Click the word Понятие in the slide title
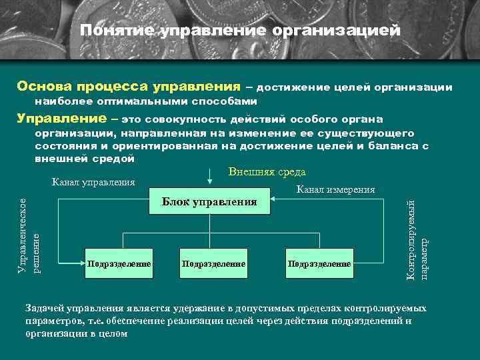[x=116, y=31]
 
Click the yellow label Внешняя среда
[x=267, y=172]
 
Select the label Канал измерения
[x=336, y=190]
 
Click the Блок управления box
[x=209, y=202]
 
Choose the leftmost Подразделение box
[x=119, y=264]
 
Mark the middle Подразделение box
[x=213, y=264]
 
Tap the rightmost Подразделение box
[x=319, y=264]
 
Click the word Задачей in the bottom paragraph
[x=46, y=309]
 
